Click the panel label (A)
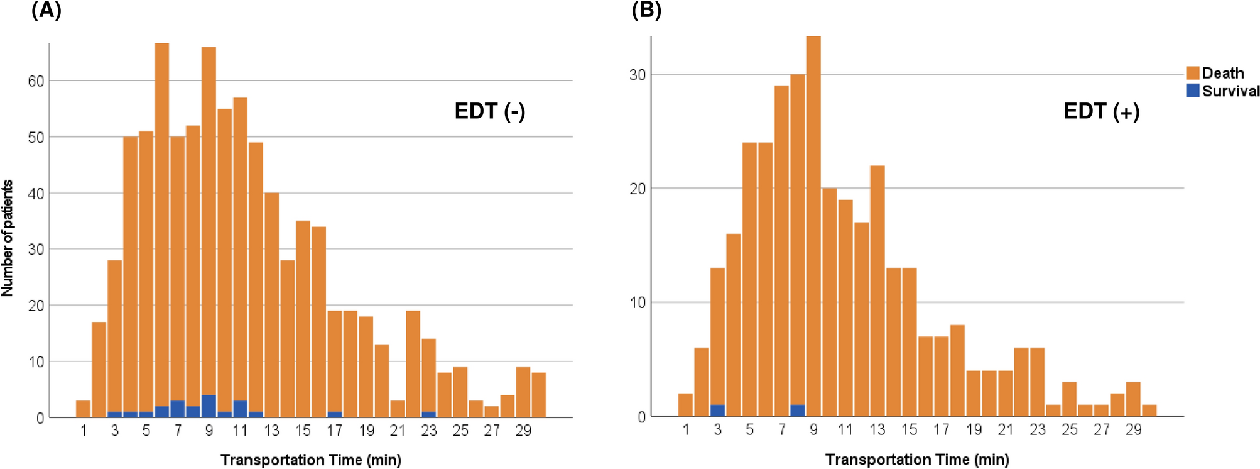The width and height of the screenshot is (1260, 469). click(x=46, y=11)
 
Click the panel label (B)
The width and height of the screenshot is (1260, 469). click(x=646, y=11)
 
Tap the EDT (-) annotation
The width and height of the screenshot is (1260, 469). click(x=489, y=111)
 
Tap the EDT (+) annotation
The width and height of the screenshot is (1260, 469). click(x=1101, y=111)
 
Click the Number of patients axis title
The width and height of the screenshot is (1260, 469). click(x=8, y=238)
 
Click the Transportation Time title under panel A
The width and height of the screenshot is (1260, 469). click(x=310, y=460)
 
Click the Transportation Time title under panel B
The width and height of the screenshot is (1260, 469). click(x=916, y=460)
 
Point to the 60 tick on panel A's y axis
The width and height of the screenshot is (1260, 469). click(x=36, y=81)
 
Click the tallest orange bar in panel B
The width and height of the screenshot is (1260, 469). click(x=813, y=220)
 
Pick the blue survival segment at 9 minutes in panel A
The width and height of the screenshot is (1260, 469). click(x=209, y=406)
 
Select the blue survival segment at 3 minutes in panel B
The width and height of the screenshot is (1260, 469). click(x=717, y=411)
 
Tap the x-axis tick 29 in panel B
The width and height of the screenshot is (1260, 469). click(x=1133, y=430)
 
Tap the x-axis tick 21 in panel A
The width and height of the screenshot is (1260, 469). click(x=397, y=431)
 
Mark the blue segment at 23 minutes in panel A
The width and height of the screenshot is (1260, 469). click(x=428, y=414)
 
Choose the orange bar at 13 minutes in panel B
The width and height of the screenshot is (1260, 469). click(x=877, y=289)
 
